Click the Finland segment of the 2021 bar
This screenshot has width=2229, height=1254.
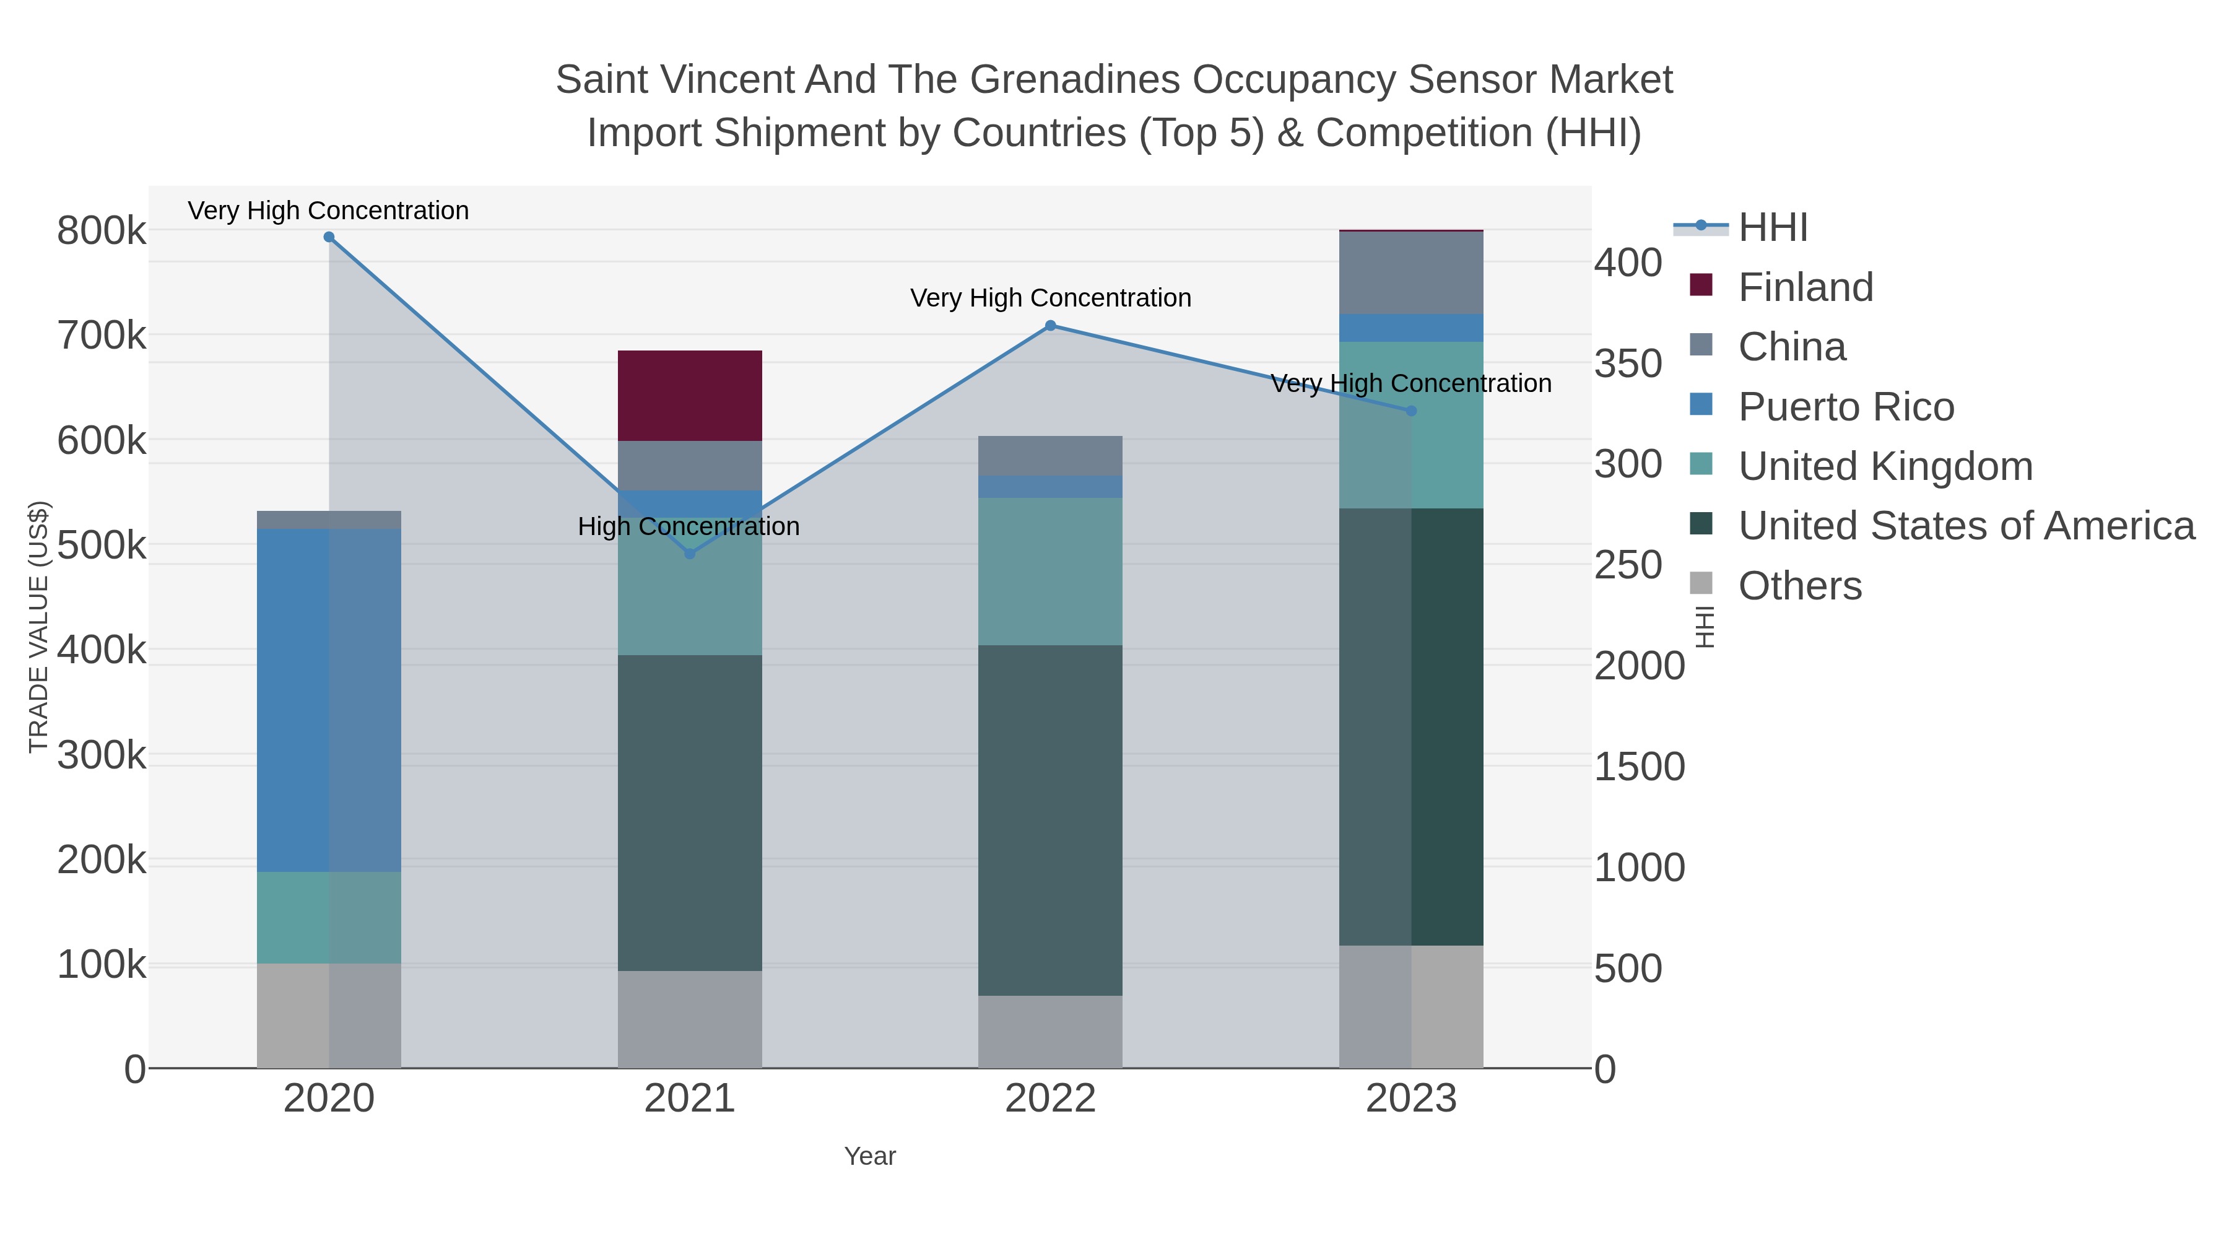coord(690,396)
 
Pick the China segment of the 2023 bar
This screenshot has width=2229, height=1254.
coord(1410,272)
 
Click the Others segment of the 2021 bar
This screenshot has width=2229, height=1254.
coord(690,1019)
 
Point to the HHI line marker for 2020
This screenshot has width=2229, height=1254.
coord(329,237)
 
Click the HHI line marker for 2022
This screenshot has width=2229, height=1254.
coord(1049,325)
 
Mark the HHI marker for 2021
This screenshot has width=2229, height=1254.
coord(690,554)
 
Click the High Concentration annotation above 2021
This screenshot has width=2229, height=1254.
coord(688,526)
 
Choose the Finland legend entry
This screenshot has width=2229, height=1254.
coord(1804,287)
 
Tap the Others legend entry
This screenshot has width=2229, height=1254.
coord(1798,586)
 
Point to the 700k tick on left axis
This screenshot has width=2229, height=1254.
coord(102,336)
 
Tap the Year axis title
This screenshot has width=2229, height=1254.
coord(870,1156)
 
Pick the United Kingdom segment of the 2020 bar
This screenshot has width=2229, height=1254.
coord(329,917)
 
